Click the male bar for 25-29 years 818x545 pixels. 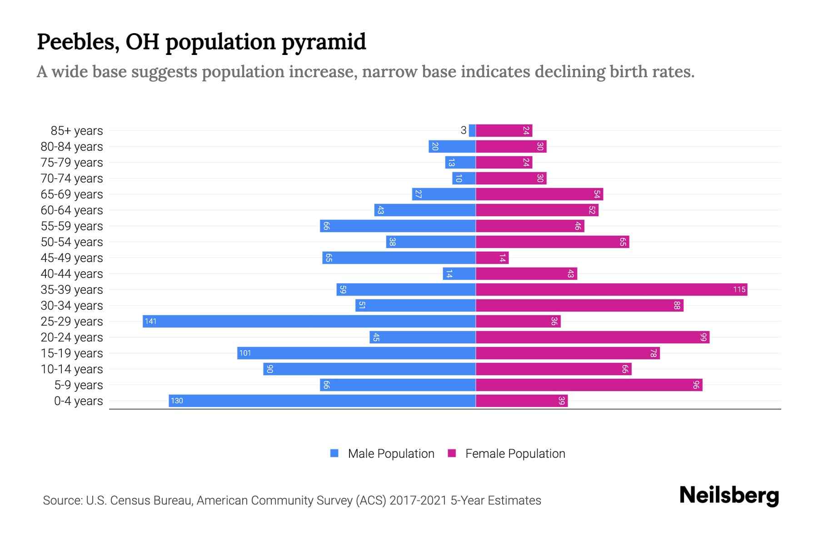pyautogui.click(x=309, y=322)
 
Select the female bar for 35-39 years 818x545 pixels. pyautogui.click(x=611, y=290)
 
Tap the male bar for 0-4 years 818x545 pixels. pyautogui.click(x=322, y=401)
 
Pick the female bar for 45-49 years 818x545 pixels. pyautogui.click(x=492, y=258)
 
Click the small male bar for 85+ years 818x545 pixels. pyautogui.click(x=472, y=131)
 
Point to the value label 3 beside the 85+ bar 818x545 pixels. pyautogui.click(x=463, y=131)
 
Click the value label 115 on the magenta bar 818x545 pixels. pyautogui.click(x=739, y=290)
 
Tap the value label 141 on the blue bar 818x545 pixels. pyautogui.click(x=150, y=322)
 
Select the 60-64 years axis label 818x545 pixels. pyautogui.click(x=72, y=210)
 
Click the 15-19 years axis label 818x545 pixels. pyautogui.click(x=72, y=353)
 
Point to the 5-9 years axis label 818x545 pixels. pyautogui.click(x=79, y=385)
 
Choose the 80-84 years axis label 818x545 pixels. pyautogui.click(x=72, y=147)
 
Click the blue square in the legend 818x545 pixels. pyautogui.click(x=334, y=453)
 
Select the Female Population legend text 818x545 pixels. pyautogui.click(x=515, y=454)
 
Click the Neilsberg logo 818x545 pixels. pyautogui.click(x=729, y=495)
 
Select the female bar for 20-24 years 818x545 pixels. pyautogui.click(x=593, y=337)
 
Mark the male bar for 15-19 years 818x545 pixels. pyautogui.click(x=356, y=353)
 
